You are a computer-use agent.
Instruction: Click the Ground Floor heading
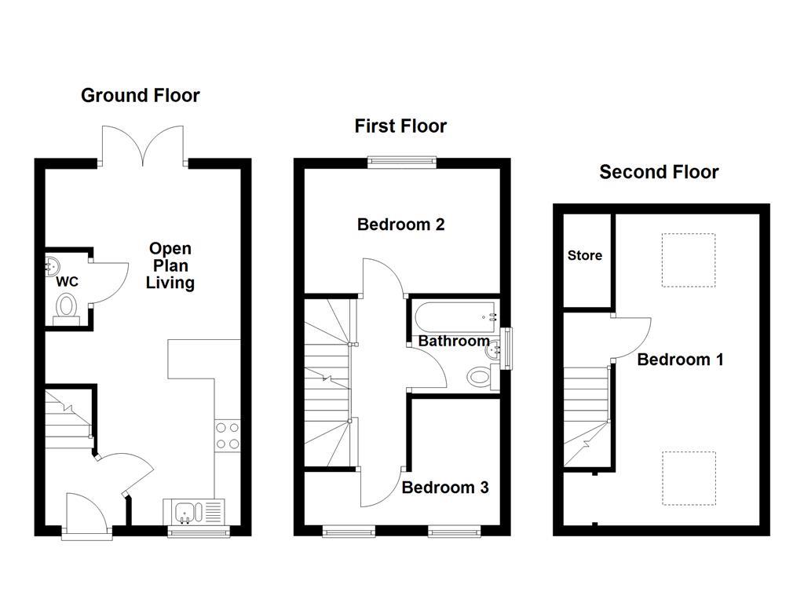pos(141,96)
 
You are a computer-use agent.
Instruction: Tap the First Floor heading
pos(400,126)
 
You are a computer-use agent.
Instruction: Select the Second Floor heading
pos(659,172)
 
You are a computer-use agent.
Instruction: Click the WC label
pos(67,282)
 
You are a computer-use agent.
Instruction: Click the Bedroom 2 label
pos(400,225)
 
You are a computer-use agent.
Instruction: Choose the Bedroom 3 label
pos(445,488)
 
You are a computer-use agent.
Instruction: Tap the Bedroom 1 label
pos(680,360)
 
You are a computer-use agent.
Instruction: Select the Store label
pos(585,255)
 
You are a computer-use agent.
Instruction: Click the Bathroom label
pos(453,342)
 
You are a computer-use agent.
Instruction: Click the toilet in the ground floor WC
pos(67,307)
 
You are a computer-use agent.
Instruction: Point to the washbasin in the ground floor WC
pos(53,265)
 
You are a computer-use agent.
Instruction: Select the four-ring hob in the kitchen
pos(227,436)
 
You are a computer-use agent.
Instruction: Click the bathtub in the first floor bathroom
pos(456,316)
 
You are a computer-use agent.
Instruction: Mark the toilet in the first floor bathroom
pos(481,377)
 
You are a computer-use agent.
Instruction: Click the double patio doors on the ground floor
pos(144,146)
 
